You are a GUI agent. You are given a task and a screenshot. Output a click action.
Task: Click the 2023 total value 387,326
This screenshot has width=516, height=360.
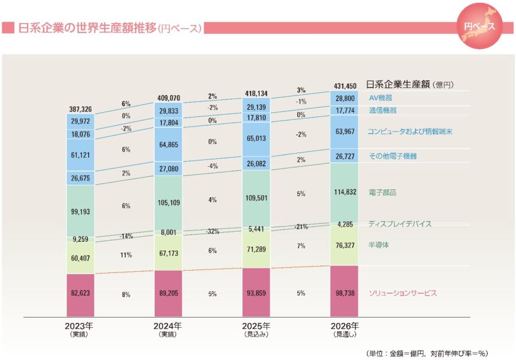[x=79, y=109]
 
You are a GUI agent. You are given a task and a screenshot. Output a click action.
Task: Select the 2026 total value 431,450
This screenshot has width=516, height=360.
[x=345, y=86]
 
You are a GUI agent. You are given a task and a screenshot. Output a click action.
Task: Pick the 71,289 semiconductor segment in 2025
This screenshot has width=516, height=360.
[x=256, y=248]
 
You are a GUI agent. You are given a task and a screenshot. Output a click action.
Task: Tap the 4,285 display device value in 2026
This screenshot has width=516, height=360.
[x=345, y=224]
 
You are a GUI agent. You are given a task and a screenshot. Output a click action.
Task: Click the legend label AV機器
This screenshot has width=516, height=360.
[x=381, y=98]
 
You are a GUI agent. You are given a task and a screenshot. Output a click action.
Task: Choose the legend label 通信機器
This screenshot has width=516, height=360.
[x=382, y=110]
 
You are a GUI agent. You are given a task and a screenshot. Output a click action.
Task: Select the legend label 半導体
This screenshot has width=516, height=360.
[x=379, y=245]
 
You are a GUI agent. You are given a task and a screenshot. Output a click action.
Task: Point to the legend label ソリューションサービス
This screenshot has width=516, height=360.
[x=402, y=293]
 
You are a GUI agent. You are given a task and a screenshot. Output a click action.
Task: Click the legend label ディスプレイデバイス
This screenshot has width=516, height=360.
[x=400, y=224]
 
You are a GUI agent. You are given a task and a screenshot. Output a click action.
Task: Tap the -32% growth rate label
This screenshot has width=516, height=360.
[x=213, y=232]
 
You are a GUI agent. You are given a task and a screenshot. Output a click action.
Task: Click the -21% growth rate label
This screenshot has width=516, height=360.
[x=301, y=227]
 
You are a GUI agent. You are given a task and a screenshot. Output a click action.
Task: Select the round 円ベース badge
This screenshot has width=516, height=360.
[x=480, y=27]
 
